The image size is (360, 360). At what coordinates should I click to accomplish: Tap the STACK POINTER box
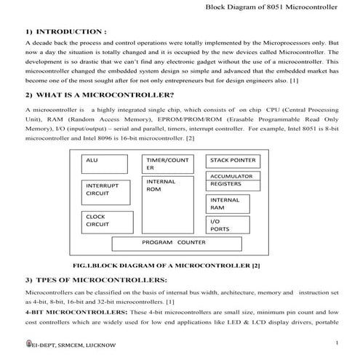pyautogui.click(x=233, y=159)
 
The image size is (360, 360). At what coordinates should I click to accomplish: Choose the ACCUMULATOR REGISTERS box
pyautogui.click(x=233, y=180)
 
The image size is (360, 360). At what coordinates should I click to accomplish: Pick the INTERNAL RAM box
pyautogui.click(x=233, y=204)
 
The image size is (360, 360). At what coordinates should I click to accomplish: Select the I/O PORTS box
pyautogui.click(x=233, y=225)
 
